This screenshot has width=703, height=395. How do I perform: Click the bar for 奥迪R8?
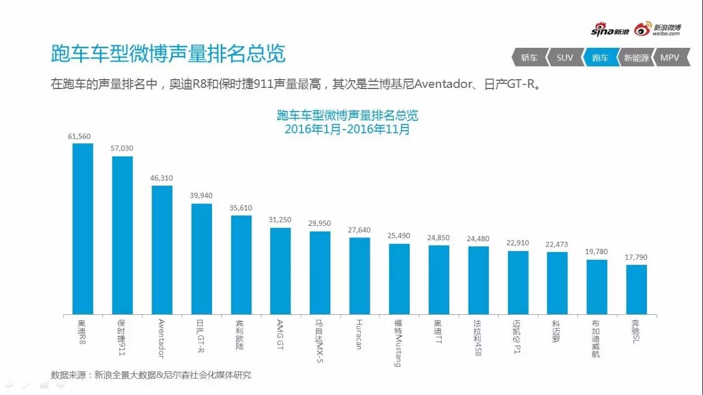[83, 229]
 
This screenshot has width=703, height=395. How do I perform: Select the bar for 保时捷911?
[122, 235]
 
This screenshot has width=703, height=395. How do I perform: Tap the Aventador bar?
[162, 250]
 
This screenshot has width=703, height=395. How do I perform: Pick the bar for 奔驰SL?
[637, 290]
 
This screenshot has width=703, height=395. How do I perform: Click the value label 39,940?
[202, 196]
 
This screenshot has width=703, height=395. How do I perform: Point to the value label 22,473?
[557, 244]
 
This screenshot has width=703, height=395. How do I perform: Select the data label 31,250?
[280, 220]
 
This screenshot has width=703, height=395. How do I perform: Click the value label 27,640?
[359, 230]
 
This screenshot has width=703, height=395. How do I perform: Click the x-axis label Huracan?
[359, 334]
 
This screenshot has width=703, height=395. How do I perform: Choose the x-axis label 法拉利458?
[478, 338]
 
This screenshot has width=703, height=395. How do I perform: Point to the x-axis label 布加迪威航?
[596, 338]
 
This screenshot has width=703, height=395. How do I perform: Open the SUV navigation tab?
[564, 58]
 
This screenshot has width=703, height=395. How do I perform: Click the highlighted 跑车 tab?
[600, 58]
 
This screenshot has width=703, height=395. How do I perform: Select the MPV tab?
[670, 58]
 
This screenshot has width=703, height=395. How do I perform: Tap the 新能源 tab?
[635, 58]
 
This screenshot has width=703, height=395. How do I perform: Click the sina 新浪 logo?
[610, 31]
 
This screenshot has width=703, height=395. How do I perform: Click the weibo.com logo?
[658, 30]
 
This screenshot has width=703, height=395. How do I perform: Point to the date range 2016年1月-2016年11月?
[347, 130]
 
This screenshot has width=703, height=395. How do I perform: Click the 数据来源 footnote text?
[151, 375]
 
